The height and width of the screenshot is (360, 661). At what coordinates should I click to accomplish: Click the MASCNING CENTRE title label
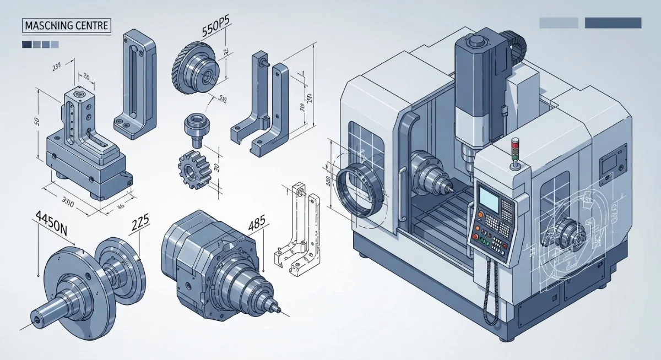[x=66, y=25]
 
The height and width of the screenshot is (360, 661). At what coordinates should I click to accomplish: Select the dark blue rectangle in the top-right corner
[x=613, y=23]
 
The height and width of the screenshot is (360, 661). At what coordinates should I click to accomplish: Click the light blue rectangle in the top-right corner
[x=559, y=23]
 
